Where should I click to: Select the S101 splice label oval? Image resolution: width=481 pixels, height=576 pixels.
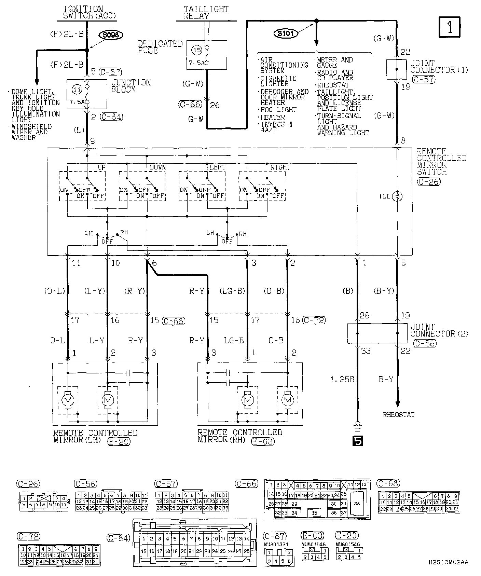(286, 33)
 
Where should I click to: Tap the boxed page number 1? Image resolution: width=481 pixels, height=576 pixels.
(449, 27)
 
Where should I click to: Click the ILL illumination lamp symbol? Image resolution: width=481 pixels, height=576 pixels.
(397, 196)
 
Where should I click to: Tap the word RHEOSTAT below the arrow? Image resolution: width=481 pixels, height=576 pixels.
(399, 415)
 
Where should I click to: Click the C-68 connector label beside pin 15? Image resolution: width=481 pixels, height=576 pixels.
(174, 320)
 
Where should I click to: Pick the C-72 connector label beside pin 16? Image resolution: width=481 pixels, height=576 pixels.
(314, 320)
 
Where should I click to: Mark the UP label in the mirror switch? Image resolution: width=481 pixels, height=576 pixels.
(101, 167)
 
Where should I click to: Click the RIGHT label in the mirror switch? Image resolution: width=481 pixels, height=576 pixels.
(280, 167)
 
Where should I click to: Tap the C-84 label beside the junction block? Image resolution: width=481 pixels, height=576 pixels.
(111, 116)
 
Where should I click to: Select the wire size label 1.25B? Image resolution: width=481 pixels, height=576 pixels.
(342, 379)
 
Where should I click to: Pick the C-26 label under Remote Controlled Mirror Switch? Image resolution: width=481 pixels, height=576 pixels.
(428, 182)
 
